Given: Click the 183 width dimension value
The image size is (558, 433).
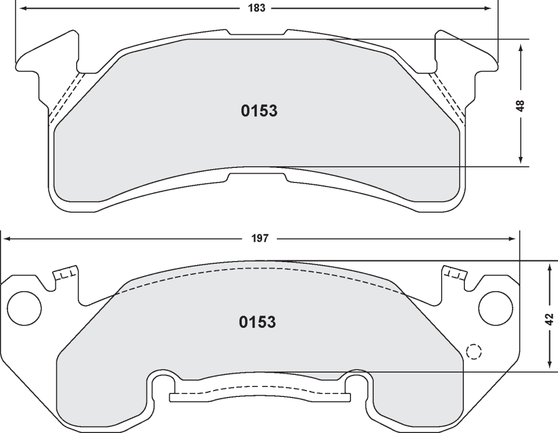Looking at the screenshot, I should pos(256,8).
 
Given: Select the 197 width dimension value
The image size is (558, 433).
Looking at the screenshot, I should pos(260,238).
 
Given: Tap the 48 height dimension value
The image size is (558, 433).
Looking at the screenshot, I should pos(520,106).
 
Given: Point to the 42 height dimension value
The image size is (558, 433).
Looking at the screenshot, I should pos(549,319).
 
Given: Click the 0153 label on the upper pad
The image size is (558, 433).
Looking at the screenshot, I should pos(259,111).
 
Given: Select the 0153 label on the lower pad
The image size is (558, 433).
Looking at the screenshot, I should pos(257,322).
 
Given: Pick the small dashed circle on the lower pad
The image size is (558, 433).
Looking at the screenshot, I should pos(474,351).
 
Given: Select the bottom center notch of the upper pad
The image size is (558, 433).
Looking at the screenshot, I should pos(256,176).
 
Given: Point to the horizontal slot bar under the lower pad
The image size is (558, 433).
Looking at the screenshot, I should pos(260,398).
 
